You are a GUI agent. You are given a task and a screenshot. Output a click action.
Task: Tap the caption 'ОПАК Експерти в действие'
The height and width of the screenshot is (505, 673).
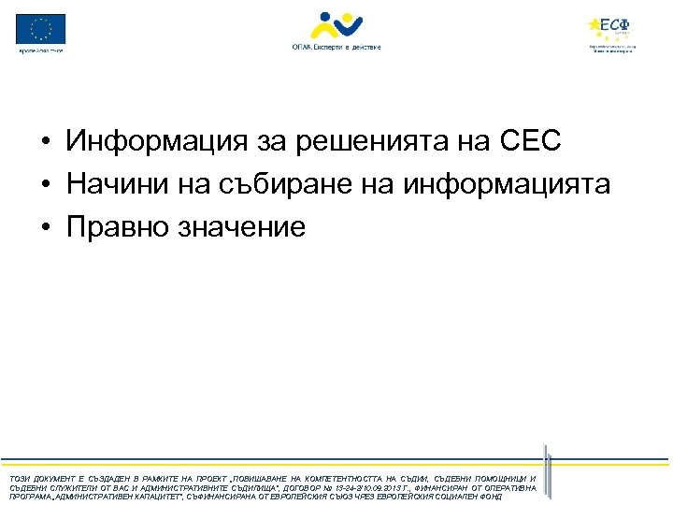click(336, 47)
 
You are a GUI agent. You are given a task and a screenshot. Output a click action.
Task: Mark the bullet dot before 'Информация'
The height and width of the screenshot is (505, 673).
click(45, 143)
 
